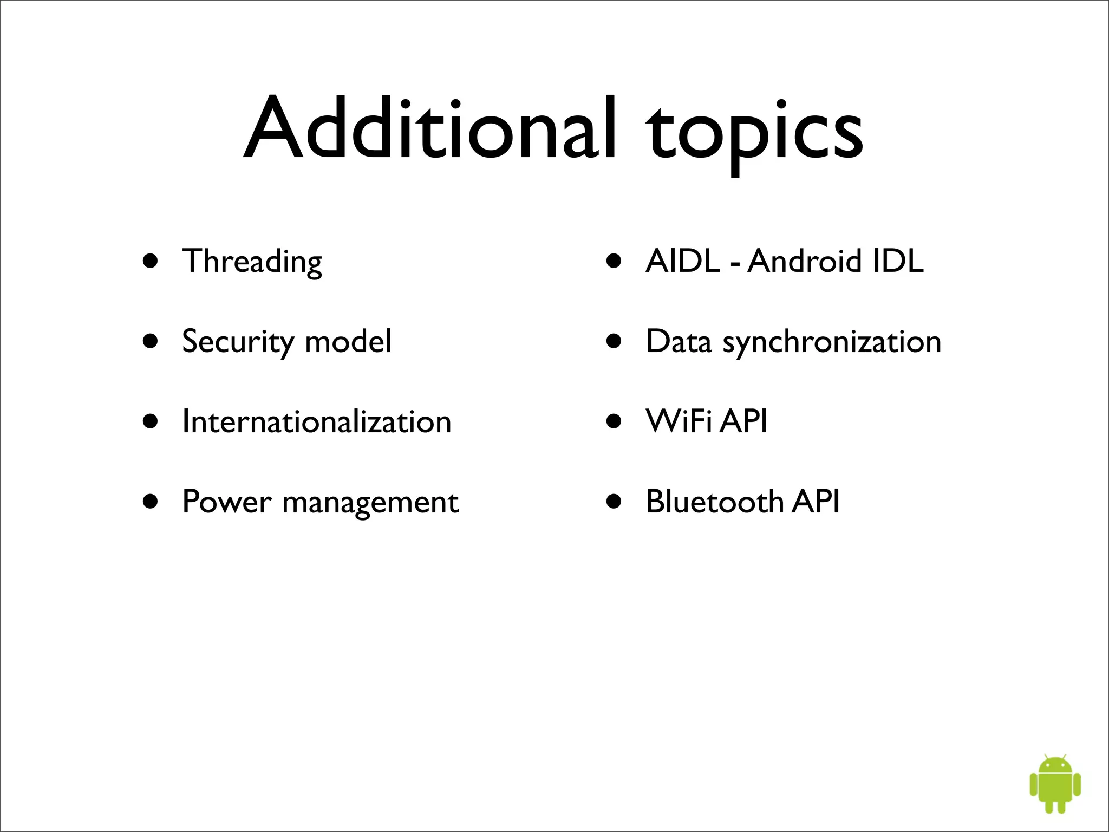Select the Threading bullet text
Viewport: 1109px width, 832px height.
coord(252,262)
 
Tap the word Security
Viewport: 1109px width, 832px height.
coord(237,342)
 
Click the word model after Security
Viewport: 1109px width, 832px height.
coord(348,342)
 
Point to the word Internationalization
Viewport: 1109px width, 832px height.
coord(317,421)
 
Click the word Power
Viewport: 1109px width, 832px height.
coord(226,502)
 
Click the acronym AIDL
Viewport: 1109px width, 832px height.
coord(683,261)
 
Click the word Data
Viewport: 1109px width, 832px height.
coord(679,342)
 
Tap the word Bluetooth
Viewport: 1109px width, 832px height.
coord(714,502)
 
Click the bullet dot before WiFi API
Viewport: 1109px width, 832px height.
coord(614,422)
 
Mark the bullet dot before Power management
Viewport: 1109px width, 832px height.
coord(151,502)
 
